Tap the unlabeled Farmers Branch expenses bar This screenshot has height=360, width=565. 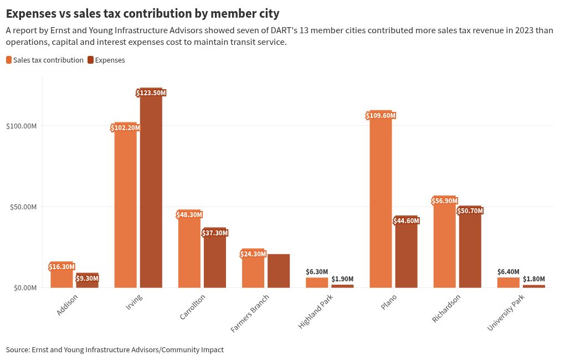[279, 271]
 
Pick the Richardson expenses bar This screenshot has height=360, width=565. [470, 249]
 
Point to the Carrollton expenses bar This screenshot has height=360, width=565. [215, 260]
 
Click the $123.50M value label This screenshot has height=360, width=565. [151, 93]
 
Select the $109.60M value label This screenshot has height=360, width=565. [381, 116]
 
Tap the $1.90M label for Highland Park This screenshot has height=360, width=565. [342, 279]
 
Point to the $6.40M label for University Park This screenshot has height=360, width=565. [508, 272]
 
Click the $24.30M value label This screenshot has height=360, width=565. [253, 254]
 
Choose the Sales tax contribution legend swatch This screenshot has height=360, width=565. [9, 60]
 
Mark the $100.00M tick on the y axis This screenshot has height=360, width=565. [21, 126]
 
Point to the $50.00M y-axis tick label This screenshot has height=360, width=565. [23, 207]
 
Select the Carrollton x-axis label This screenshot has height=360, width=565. [193, 307]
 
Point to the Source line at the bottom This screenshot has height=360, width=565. [115, 350]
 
